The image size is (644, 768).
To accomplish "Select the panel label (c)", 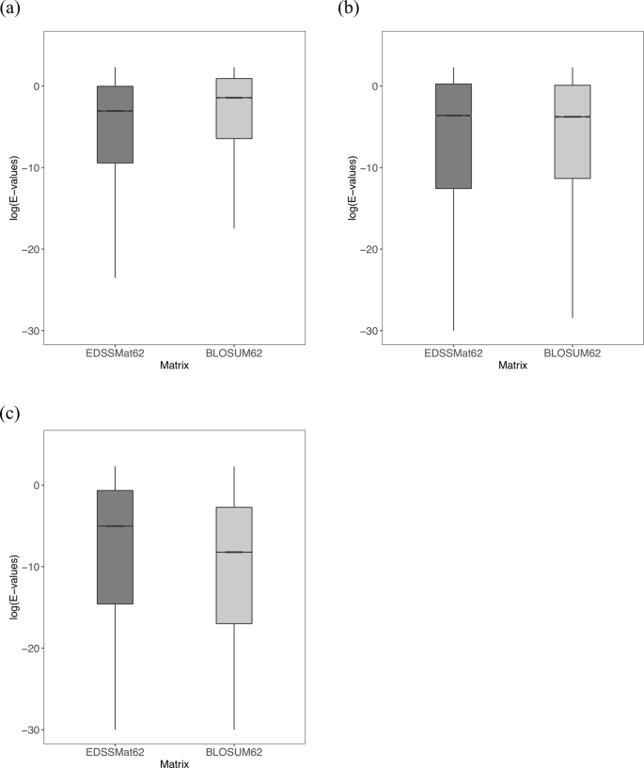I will pos(11,413).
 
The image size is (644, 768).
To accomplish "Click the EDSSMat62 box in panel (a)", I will pos(116,125).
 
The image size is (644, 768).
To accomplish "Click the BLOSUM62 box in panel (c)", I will pos(234,565).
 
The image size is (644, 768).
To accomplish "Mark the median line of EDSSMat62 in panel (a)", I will pos(116,111).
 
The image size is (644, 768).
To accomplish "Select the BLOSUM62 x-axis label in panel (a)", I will pos(234,353).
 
